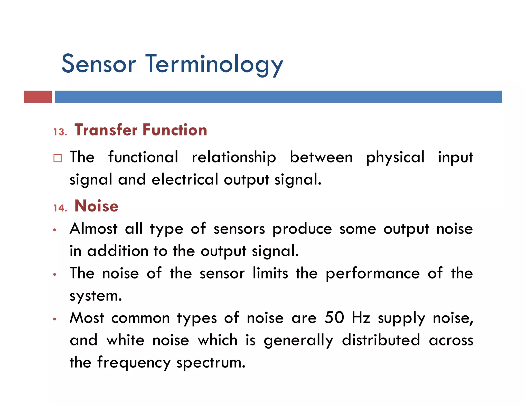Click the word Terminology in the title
pyautogui.click(x=214, y=64)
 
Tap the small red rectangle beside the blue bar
pyautogui.click(x=38, y=96)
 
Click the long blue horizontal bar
pyautogui.click(x=278, y=96)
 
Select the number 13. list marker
pyautogui.click(x=60, y=132)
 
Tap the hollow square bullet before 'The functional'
pyautogui.click(x=58, y=158)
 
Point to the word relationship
pyautogui.click(x=234, y=157)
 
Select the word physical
pyautogui.click(x=395, y=158)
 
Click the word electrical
pyautogui.click(x=185, y=179)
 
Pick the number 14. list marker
pyautogui.click(x=60, y=208)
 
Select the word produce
pyautogui.click(x=302, y=229)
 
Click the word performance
pyautogui.click(x=373, y=274)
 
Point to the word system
pyautogui.click(x=96, y=296)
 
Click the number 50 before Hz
pyautogui.click(x=334, y=318)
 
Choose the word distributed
pyautogui.click(x=381, y=340)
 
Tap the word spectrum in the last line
pyautogui.click(x=211, y=363)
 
